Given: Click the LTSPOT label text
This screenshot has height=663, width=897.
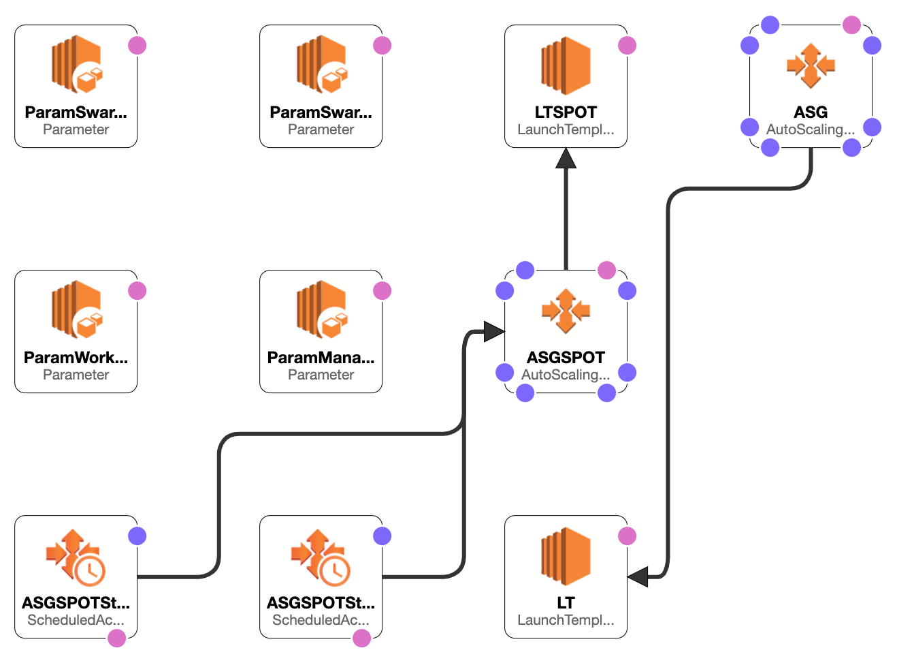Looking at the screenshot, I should coord(566,112).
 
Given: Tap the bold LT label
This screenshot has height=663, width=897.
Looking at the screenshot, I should coord(566,603).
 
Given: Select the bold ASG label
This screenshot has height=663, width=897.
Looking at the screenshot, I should coord(811,112).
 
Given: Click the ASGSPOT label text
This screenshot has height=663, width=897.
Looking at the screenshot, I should coord(566,358).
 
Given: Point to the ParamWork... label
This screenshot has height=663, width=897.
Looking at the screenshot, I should coord(76,358).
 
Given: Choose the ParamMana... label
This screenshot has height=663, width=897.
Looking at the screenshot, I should coord(321,358).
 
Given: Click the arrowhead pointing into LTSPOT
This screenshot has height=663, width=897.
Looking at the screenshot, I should coord(566,158).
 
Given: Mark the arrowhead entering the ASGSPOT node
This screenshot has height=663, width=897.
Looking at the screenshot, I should coord(494,332).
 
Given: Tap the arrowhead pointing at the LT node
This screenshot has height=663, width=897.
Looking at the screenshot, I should coord(638,577).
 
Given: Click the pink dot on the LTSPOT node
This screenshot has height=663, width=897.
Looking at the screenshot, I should coord(627,46).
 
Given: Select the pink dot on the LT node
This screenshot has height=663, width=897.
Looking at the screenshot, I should coord(627,536).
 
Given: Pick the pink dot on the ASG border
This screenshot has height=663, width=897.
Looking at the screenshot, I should coord(851,25).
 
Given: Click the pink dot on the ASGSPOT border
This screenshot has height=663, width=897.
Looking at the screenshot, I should coord(606,271).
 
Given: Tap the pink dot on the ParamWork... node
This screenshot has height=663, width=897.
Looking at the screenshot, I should coord(137,291).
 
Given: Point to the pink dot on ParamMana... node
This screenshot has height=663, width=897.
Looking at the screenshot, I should coord(382,291).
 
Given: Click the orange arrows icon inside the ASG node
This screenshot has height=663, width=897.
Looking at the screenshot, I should coord(811,66).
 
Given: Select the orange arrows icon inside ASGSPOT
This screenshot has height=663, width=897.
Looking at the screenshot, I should coord(566,311).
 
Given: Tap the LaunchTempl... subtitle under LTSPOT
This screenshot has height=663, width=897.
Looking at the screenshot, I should coord(566,129).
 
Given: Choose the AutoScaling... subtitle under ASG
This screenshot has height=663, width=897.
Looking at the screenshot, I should coord(811,129).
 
